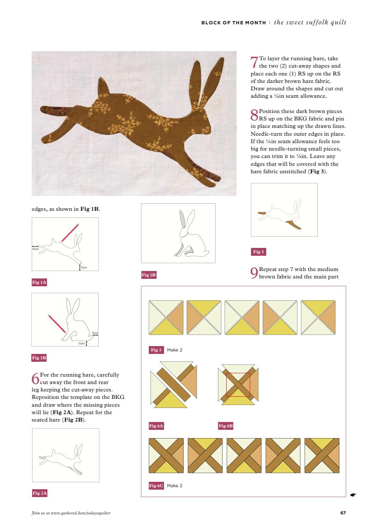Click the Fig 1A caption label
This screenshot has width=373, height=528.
coord(40,283)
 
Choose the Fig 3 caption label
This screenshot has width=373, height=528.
coord(258,252)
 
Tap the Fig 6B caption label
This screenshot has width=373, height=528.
coord(226,426)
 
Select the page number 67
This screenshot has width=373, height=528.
coord(343,513)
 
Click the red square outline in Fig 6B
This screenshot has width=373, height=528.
coord(238,385)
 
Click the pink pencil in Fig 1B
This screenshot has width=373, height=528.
coord(57,324)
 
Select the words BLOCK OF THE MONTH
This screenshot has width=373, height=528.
coord(233,23)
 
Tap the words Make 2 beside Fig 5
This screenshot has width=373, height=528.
coord(174,350)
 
